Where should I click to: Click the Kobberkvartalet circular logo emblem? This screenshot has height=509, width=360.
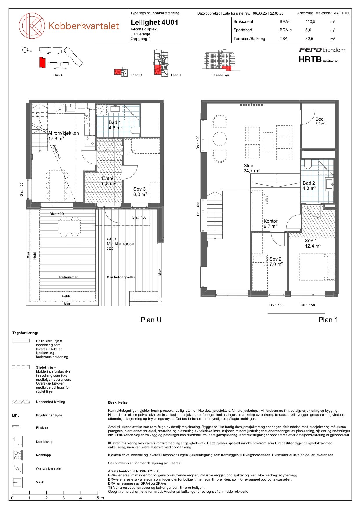click(32, 26)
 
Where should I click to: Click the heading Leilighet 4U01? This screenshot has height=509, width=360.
click(154, 22)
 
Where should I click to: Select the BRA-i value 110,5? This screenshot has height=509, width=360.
click(310, 21)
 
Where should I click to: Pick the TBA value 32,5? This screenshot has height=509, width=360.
click(309, 39)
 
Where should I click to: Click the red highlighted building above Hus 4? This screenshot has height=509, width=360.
click(42, 63)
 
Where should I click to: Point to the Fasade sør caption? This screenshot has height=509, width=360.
click(220, 75)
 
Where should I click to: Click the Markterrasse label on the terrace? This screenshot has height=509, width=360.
click(120, 244)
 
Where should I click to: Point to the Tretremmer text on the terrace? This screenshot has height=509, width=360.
click(68, 277)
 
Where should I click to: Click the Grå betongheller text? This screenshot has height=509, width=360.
click(121, 277)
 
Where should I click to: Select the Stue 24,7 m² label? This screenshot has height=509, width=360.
click(252, 168)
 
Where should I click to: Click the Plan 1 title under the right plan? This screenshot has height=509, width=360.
click(328, 320)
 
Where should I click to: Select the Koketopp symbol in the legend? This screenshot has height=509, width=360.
click(17, 455)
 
